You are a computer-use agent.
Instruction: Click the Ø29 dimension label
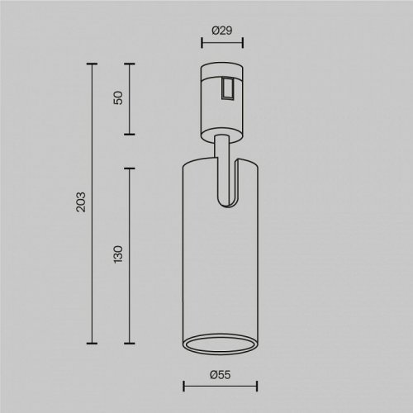click(220, 31)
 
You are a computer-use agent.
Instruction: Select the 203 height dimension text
click(80, 202)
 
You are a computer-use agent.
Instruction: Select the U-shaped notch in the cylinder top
click(228, 186)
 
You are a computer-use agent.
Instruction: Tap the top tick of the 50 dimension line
click(129, 63)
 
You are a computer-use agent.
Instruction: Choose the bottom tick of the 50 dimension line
click(129, 134)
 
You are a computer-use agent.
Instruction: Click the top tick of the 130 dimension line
click(129, 168)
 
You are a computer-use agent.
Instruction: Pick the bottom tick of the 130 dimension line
click(129, 343)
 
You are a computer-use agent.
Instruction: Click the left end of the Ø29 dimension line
click(202, 46)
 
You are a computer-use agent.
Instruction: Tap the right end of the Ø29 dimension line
click(239, 46)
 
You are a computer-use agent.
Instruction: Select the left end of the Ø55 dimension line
click(183, 385)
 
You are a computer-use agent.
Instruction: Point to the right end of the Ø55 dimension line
click(257, 385)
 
